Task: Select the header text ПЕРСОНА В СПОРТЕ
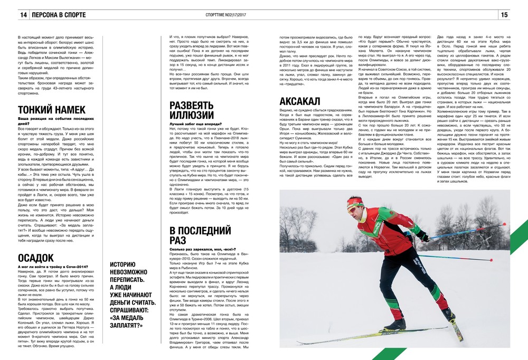[58, 15]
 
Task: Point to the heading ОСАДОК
[35, 257]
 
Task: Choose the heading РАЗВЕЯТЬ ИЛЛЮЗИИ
[192, 109]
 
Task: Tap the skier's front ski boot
[393, 323]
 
